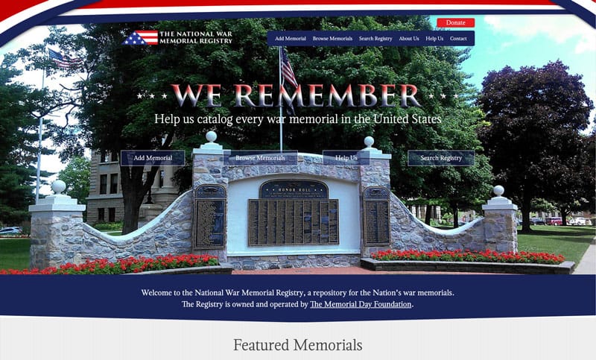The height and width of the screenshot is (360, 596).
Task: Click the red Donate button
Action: tap(455, 23)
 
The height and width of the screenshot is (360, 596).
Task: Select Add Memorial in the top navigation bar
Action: tap(290, 39)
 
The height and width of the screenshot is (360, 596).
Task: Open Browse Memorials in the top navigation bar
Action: tap(332, 39)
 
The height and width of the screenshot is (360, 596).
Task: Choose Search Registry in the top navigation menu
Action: tap(375, 39)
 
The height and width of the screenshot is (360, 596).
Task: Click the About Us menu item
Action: tap(408, 39)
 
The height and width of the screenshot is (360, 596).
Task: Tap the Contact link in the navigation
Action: tap(458, 39)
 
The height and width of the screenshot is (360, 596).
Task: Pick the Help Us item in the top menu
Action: tap(434, 39)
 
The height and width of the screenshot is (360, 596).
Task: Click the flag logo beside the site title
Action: tap(141, 37)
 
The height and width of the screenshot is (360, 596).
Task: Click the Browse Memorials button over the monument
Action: tap(260, 158)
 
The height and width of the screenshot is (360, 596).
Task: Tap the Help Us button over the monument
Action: tap(346, 158)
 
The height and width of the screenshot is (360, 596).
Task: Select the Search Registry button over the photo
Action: tap(440, 158)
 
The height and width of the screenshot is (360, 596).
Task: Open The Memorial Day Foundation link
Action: tap(361, 304)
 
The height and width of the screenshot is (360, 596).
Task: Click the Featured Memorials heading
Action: tap(297, 345)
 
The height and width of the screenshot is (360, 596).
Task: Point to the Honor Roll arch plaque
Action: tap(293, 189)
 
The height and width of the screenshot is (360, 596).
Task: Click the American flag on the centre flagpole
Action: tap(288, 68)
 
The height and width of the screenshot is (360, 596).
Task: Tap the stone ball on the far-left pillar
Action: tap(58, 186)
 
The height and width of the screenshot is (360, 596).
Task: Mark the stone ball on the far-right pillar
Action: tap(498, 190)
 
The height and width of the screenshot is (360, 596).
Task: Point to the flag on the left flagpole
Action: tap(63, 60)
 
